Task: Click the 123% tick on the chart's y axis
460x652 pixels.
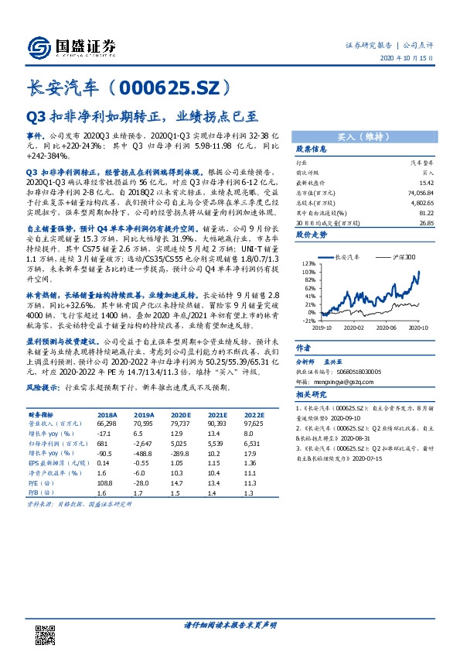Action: (308, 264)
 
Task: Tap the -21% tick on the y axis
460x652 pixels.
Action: (308, 320)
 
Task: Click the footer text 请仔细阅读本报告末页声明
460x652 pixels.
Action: (230, 625)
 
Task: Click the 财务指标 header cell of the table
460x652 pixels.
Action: (44, 414)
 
